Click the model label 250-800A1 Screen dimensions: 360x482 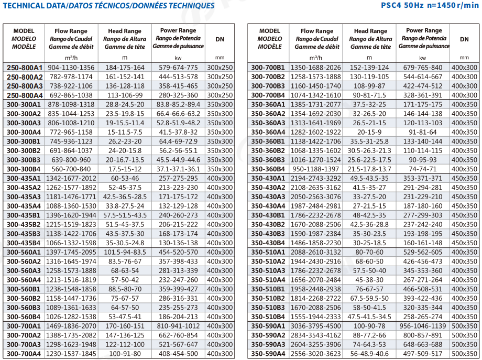click(x=25, y=68)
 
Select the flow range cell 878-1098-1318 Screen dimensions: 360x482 click(x=71, y=104)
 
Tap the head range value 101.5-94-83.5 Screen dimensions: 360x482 click(x=125, y=252)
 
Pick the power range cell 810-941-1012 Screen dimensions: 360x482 click(x=178, y=326)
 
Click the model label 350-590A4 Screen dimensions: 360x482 click(x=268, y=354)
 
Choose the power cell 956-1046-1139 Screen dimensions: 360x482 click(x=422, y=326)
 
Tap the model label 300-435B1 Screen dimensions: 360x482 click(x=24, y=215)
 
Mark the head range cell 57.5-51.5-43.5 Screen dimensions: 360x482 click(x=125, y=215)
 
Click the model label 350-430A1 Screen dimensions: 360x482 click(x=268, y=179)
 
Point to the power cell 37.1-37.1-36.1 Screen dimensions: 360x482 click(x=178, y=169)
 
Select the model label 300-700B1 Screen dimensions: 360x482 click(x=268, y=68)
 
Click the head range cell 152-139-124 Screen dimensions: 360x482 click(x=369, y=68)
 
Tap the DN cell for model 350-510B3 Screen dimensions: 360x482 click(x=464, y=308)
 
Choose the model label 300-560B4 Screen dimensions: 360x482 click(x=24, y=317)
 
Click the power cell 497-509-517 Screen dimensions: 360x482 click(x=422, y=354)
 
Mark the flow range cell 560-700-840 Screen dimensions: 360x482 click(x=71, y=169)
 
